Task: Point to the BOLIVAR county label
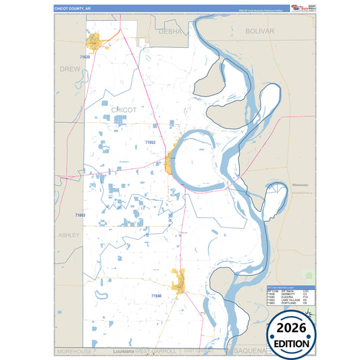(x=260, y=31)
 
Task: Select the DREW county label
(x=70, y=69)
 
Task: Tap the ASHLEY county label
(x=68, y=235)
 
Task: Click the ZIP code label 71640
(x=156, y=296)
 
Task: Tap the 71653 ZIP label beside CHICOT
(x=150, y=143)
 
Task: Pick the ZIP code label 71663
(x=80, y=215)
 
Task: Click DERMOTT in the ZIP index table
(x=286, y=294)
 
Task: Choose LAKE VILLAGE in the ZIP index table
(x=288, y=301)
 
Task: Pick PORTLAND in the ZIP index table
(x=286, y=304)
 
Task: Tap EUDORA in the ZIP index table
(x=284, y=297)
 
